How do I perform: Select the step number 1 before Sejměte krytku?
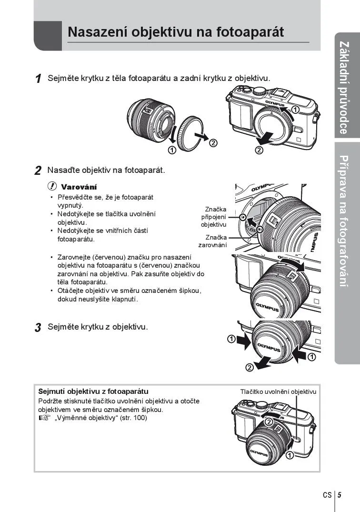click(x=39, y=79)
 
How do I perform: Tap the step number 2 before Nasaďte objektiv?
click(x=38, y=171)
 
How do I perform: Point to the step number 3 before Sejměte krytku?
click(x=38, y=327)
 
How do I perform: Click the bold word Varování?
click(x=79, y=187)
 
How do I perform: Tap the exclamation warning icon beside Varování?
click(x=52, y=186)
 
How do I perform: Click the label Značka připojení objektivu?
click(x=213, y=217)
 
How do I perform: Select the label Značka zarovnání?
click(x=212, y=241)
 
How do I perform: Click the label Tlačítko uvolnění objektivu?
click(x=279, y=392)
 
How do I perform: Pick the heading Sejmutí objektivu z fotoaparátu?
click(x=93, y=392)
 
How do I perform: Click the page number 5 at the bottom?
click(x=340, y=495)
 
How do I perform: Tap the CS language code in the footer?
click(x=327, y=495)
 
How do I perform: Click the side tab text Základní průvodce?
click(x=344, y=88)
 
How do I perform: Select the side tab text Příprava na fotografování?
click(x=344, y=221)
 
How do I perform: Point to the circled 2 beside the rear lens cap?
click(x=213, y=143)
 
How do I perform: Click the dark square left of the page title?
click(x=48, y=36)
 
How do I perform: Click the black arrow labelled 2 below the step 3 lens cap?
click(x=263, y=362)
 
